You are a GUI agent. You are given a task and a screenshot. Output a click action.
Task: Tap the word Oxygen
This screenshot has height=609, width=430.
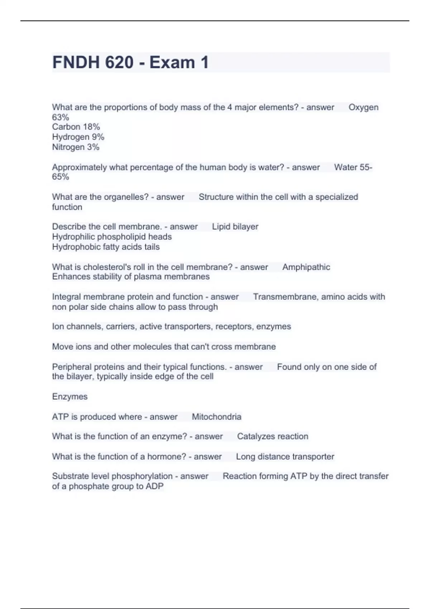[x=363, y=107]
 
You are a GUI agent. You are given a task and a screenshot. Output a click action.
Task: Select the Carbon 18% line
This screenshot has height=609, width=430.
[x=76, y=127]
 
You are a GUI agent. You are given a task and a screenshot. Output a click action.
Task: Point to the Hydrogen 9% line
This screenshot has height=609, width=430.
[x=78, y=137]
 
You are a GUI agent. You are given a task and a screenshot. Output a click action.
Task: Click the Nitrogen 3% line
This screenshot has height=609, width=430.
[x=76, y=147]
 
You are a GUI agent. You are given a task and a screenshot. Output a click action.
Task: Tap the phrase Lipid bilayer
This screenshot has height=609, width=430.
[x=235, y=227]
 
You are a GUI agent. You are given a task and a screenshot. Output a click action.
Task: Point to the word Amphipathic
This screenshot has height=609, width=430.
[x=306, y=267]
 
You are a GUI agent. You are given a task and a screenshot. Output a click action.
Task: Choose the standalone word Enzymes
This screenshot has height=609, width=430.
[x=70, y=397]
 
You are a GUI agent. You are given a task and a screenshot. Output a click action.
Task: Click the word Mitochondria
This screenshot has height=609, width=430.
[x=216, y=417]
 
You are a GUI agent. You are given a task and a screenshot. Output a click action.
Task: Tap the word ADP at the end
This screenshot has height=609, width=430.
[x=154, y=486]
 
